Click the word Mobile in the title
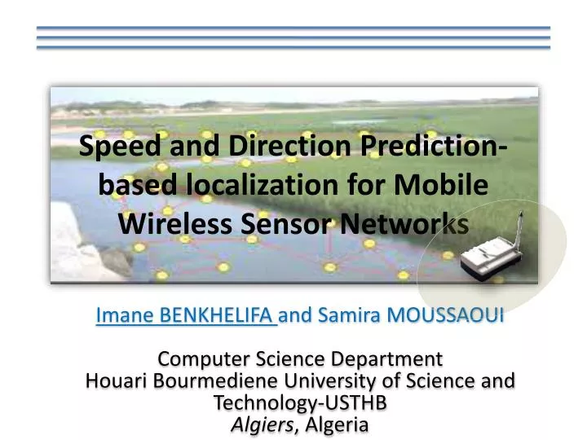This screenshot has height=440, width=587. (x=444, y=185)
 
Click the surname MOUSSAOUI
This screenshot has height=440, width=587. (x=444, y=315)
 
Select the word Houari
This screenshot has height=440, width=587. (x=115, y=381)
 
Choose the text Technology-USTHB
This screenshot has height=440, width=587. (x=299, y=403)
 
